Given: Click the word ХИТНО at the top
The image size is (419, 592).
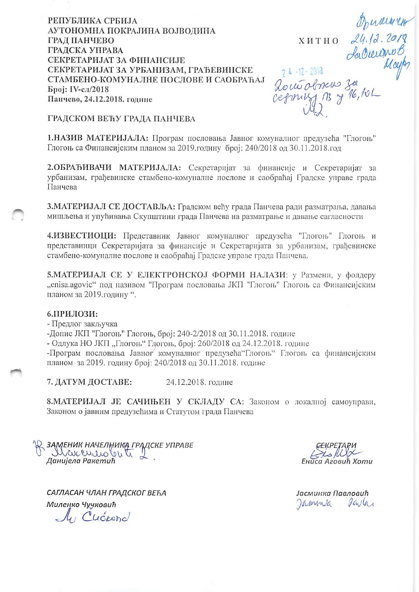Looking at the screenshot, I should [319, 41].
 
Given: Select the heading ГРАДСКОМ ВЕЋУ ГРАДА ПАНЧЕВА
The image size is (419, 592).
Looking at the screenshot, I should [121, 119].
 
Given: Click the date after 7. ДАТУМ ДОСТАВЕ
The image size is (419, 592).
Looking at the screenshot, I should [199, 383].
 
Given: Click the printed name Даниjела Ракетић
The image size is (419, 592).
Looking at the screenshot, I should [81, 461].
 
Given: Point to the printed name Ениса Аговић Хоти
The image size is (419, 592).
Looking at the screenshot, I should [337, 461].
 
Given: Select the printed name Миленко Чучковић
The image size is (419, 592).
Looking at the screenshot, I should [81, 505].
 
